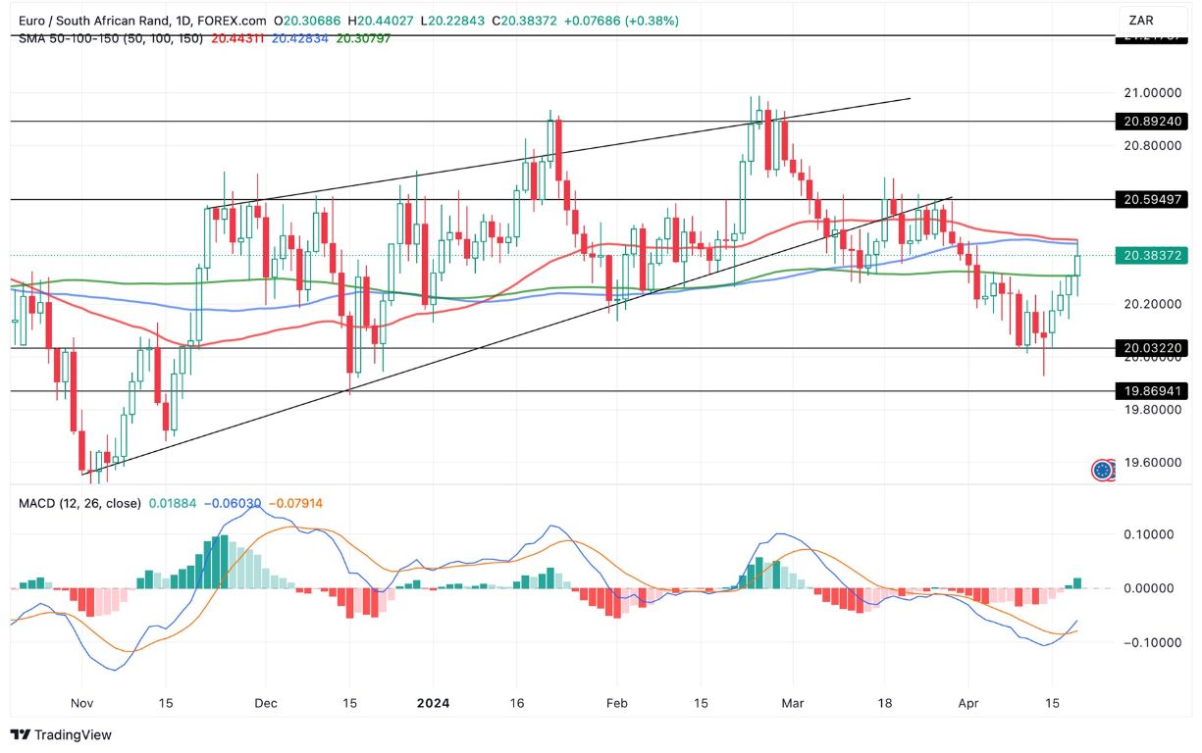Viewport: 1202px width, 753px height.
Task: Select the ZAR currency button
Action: [1141, 21]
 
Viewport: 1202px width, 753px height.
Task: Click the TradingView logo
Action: [61, 734]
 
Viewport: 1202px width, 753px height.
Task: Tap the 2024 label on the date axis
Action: [433, 703]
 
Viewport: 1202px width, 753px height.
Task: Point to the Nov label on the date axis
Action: [82, 703]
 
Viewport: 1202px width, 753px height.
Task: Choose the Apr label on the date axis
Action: [967, 703]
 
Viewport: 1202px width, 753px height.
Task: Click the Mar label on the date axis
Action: [793, 703]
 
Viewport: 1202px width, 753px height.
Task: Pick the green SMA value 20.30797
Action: [363, 38]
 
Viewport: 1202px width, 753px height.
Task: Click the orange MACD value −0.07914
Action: [295, 503]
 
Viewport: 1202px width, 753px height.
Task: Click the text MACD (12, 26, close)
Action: [78, 503]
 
